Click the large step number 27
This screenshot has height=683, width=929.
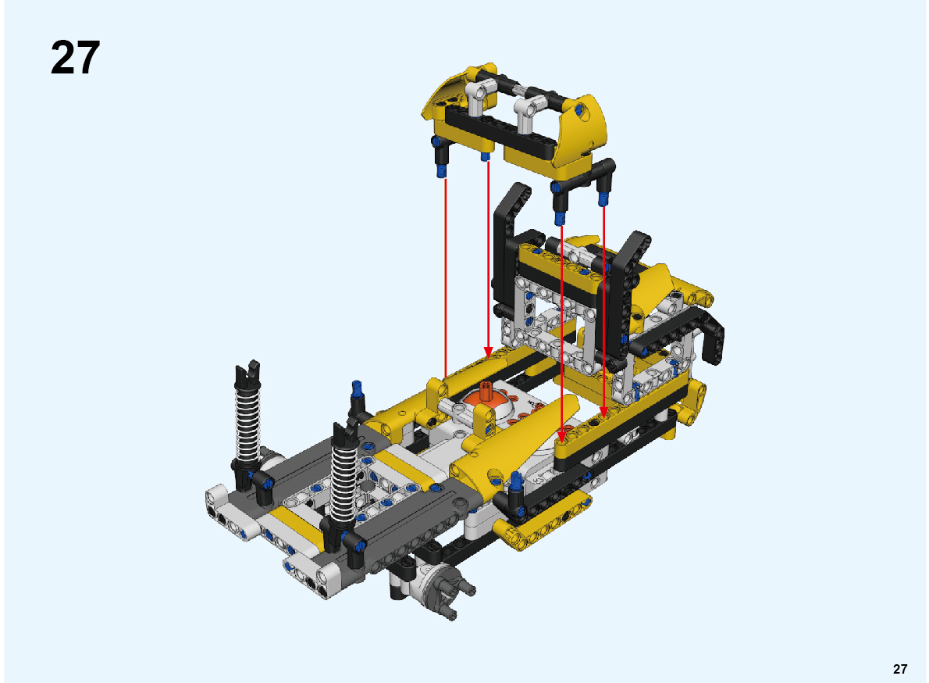click(75, 58)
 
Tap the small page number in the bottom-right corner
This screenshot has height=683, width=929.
click(899, 669)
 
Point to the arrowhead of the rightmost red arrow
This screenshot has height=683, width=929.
click(603, 412)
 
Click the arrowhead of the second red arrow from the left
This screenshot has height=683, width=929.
click(488, 352)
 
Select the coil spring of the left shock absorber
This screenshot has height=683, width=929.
click(247, 420)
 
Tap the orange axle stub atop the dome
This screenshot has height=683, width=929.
click(486, 392)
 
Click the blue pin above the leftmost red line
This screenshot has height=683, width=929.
click(441, 172)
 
